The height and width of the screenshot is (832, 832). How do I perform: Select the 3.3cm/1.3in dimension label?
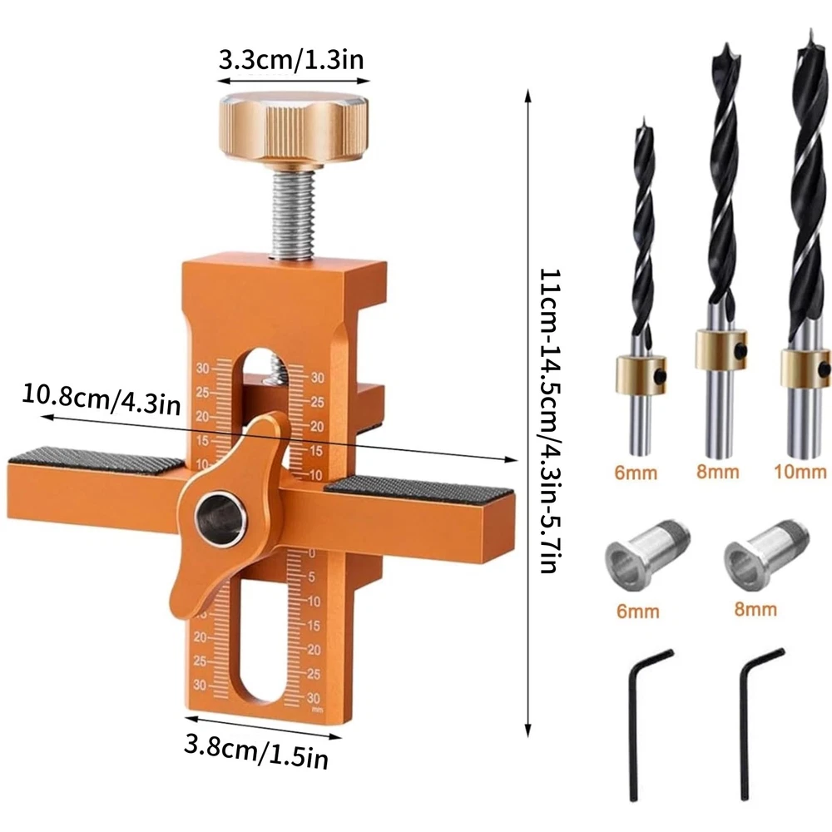click(291, 59)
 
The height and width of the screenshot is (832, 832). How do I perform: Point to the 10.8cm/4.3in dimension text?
click(102, 399)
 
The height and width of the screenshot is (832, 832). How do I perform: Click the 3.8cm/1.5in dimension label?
click(256, 750)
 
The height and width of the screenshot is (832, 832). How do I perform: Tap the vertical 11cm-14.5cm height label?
click(549, 421)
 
